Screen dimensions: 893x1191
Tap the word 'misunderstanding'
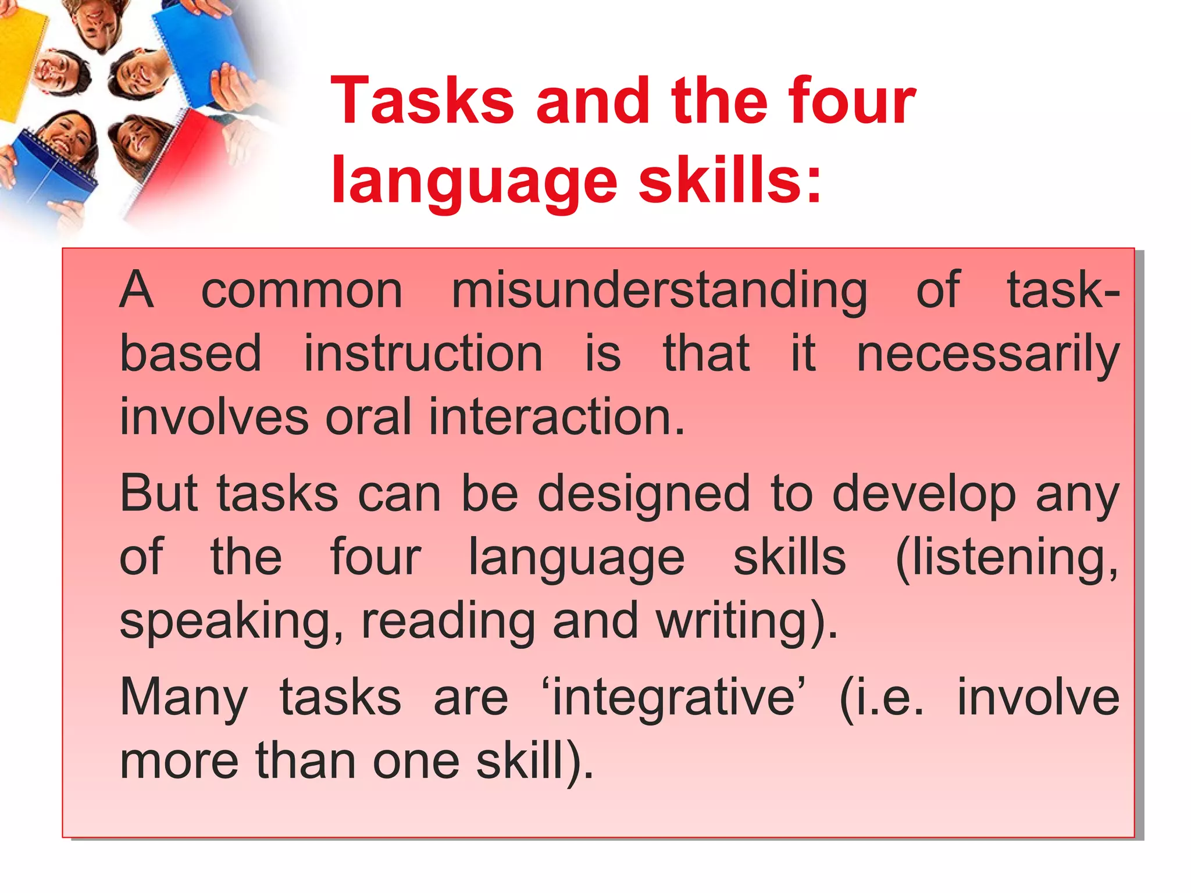pos(659,291)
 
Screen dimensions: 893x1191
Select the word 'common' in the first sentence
pos(302,291)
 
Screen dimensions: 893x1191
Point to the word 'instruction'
pos(423,354)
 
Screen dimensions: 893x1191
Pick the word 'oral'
pos(368,417)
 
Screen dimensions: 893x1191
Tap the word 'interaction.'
pos(557,417)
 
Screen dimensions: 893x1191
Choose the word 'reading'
pos(448,623)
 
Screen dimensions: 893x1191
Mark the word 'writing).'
pos(747,623)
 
